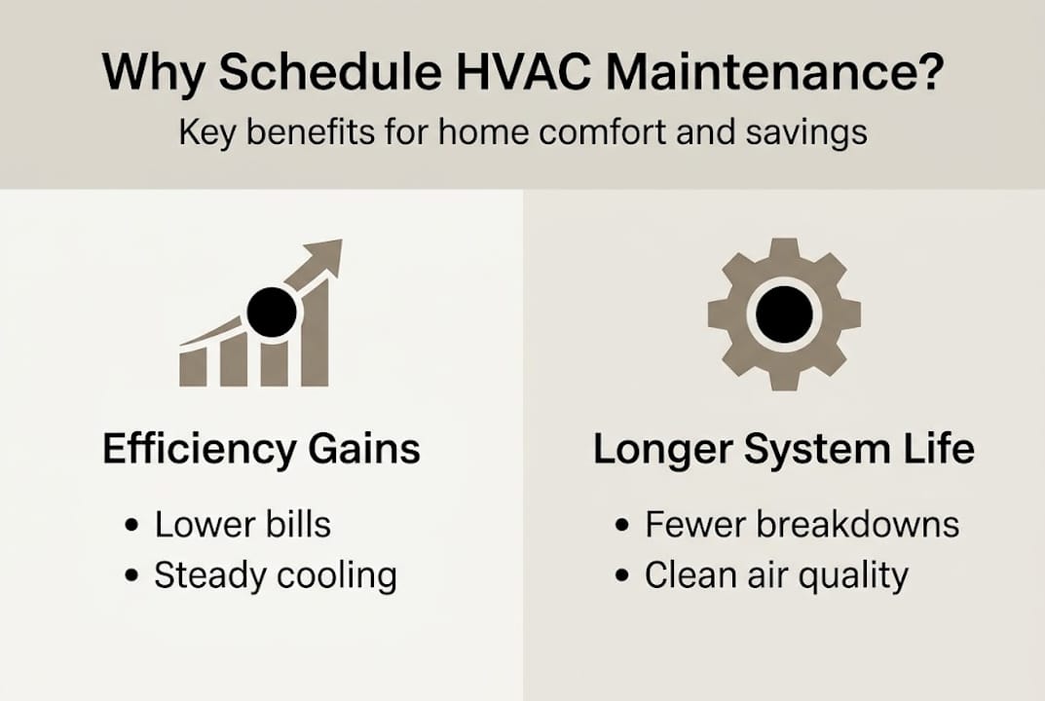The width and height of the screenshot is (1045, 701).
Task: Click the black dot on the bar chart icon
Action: [x=271, y=313]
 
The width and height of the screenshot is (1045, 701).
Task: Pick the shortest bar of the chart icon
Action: [x=193, y=366]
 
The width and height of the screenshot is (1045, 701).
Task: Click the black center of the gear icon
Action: [x=783, y=314]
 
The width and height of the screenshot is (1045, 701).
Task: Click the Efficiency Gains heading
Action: [x=261, y=450]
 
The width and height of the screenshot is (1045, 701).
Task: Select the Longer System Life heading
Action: [x=783, y=450]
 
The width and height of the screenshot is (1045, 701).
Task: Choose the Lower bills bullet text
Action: [x=243, y=525]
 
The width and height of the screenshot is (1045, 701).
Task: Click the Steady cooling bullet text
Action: [x=275, y=575]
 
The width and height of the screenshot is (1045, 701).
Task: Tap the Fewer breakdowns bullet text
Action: [x=802, y=525]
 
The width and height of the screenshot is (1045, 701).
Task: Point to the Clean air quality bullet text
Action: [x=775, y=575]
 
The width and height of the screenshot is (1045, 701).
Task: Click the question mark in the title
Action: [x=925, y=74]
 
